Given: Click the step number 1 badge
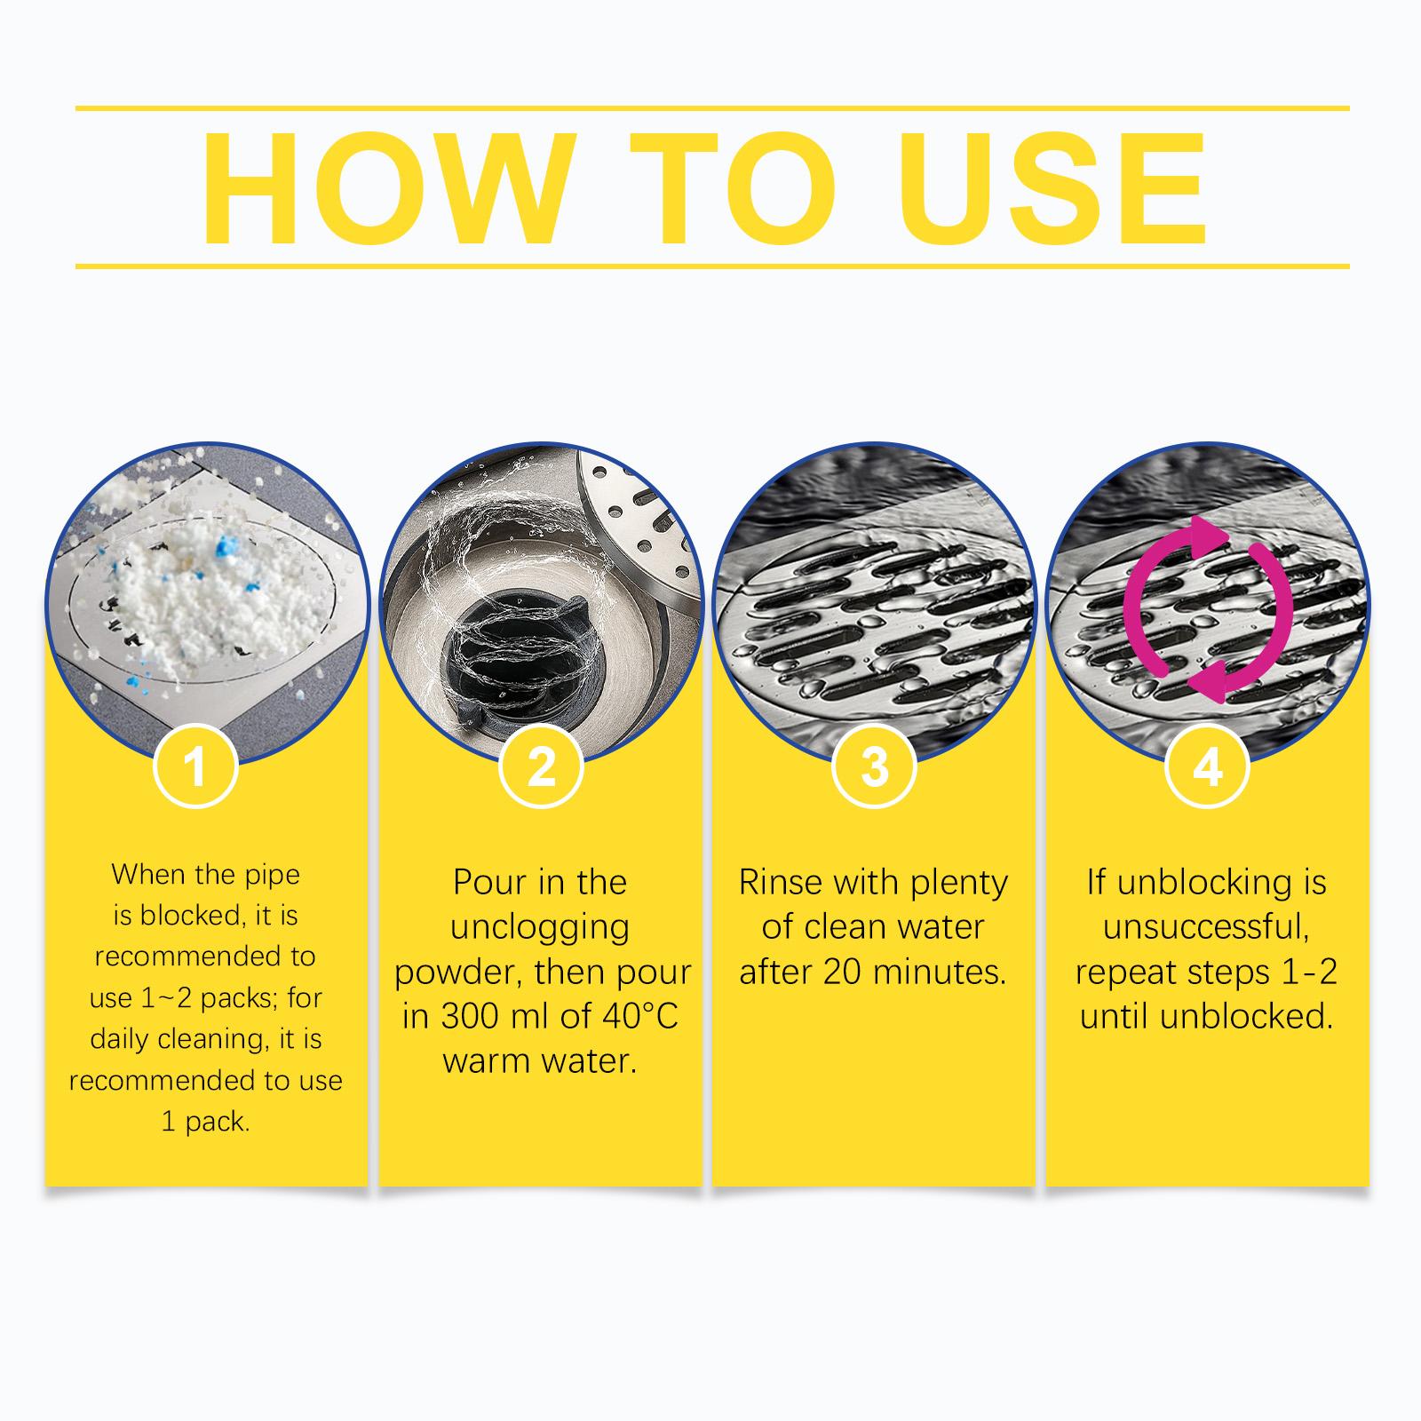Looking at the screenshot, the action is (x=196, y=766).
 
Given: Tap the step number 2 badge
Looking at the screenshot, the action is (x=541, y=766).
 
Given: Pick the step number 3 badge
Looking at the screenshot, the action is (x=875, y=766).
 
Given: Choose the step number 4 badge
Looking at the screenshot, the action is (x=1207, y=766).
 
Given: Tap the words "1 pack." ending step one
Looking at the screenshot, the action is (x=205, y=1122).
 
